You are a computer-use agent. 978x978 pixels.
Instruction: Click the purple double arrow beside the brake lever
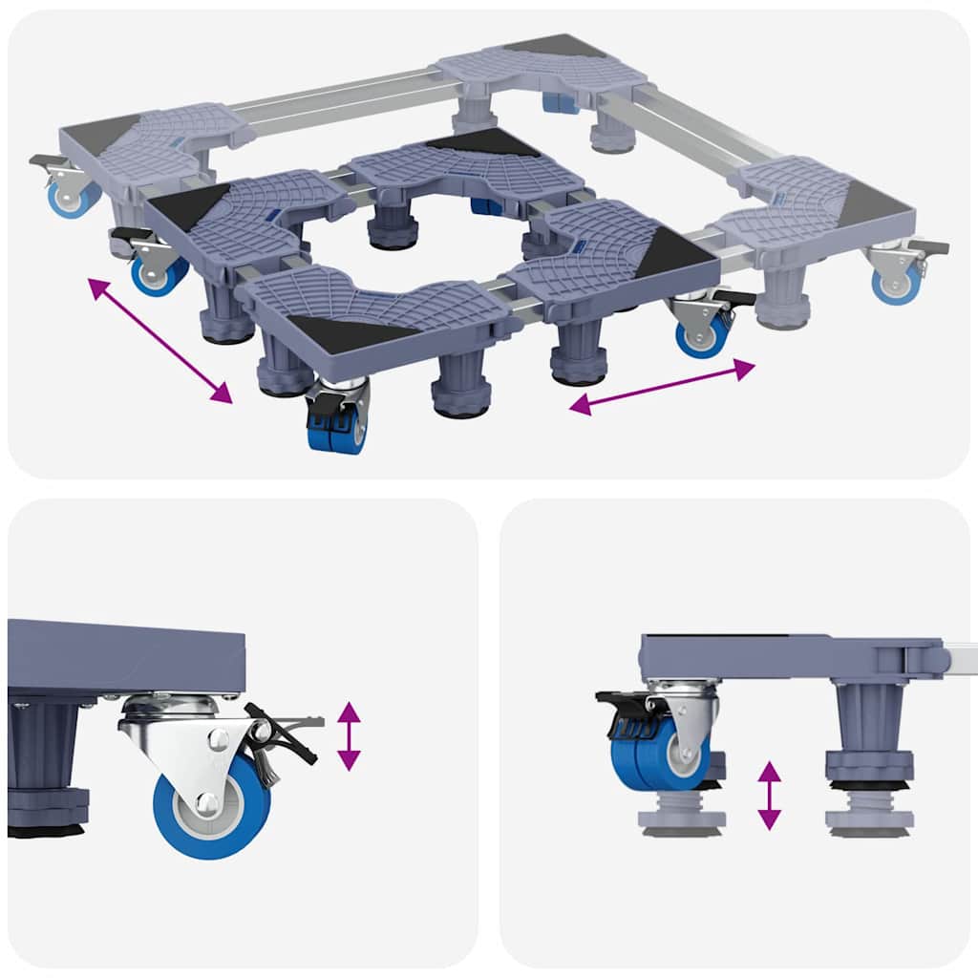[x=349, y=735]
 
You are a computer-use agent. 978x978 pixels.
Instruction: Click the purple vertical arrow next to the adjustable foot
[x=769, y=795]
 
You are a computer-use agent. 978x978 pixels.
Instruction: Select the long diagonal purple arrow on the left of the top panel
[x=159, y=340]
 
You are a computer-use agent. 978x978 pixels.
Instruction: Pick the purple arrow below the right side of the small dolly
[x=663, y=388]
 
